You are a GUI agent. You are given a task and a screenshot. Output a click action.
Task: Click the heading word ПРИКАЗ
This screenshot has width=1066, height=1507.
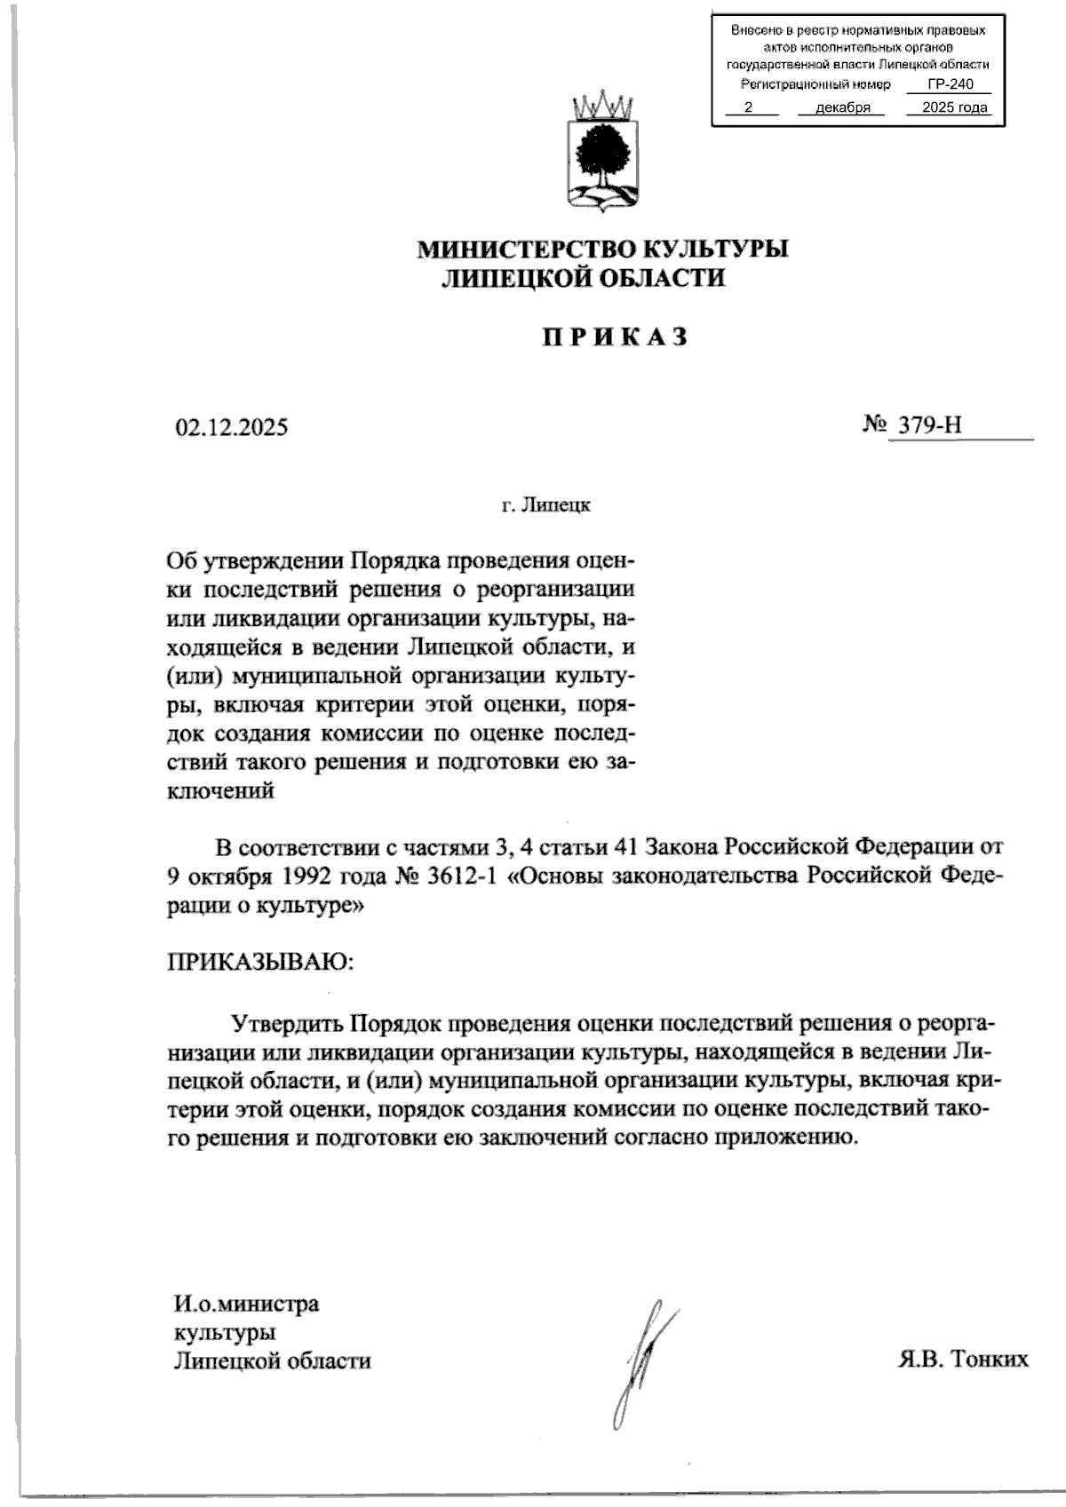click(616, 337)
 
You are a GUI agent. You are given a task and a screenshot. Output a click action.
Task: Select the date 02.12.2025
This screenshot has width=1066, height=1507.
click(231, 428)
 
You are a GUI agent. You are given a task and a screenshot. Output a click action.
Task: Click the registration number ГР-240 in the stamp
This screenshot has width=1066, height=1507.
click(950, 85)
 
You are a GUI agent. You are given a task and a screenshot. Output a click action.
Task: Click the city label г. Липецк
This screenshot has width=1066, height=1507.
click(545, 506)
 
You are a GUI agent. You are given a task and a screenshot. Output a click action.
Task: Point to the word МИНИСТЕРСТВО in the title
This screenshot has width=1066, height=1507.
click(525, 250)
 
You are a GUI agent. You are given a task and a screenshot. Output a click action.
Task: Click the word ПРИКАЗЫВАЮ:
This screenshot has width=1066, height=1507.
click(259, 962)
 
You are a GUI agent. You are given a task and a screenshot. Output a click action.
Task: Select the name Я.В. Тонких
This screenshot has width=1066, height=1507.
click(962, 1360)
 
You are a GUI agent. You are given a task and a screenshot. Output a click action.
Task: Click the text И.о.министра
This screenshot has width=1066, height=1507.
click(246, 1305)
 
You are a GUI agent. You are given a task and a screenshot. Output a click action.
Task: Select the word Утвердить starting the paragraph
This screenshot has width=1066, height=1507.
click(286, 1023)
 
